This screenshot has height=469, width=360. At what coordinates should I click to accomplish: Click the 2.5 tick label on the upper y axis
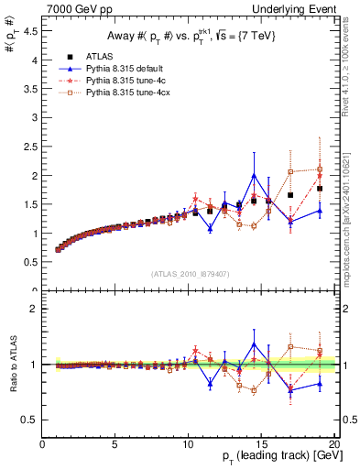tap(29, 147)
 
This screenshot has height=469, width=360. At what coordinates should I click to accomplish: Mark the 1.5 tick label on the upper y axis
tap(29, 204)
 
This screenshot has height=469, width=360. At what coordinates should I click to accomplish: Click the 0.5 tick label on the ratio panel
tap(29, 420)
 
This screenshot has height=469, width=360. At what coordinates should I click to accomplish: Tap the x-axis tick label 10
tap(189, 446)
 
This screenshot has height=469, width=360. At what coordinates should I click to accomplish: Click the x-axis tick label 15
tap(262, 446)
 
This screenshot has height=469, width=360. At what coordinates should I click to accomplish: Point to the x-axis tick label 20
tap(334, 446)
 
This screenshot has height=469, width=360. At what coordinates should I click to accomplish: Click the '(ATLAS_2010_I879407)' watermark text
tap(189, 274)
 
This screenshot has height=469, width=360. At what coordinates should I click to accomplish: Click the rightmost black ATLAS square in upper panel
tap(320, 189)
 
